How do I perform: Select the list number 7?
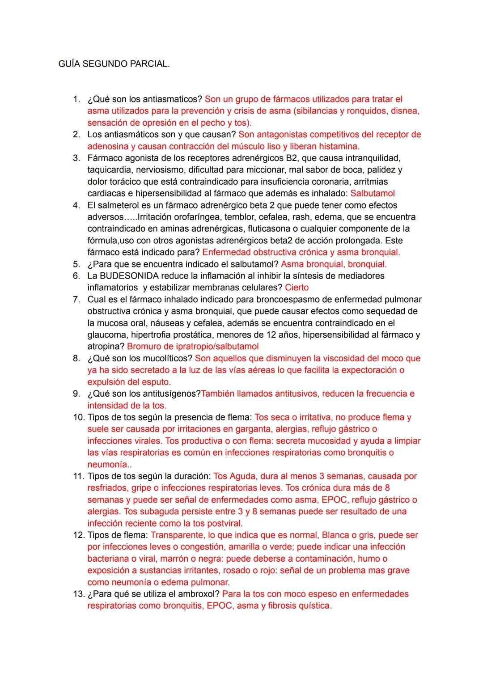coord(76,299)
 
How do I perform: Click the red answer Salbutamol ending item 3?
coord(373,193)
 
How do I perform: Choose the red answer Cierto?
coord(297,288)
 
